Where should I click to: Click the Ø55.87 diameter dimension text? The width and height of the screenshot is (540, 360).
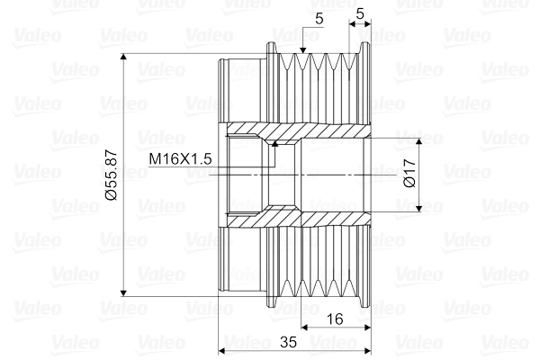click(x=111, y=175)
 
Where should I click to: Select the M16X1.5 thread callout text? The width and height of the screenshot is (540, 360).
click(x=180, y=158)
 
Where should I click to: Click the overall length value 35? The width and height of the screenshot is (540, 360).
click(x=290, y=343)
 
